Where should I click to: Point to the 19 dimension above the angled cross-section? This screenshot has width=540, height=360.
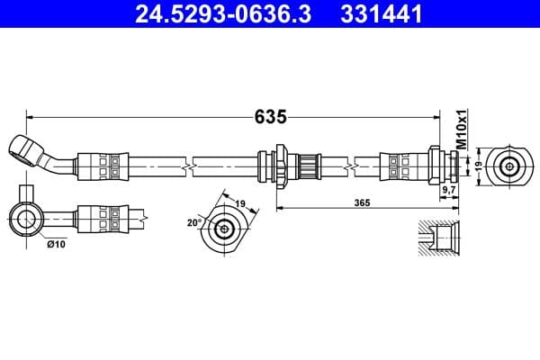coord(240,205)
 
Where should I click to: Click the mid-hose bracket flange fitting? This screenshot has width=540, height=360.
coord(281,166)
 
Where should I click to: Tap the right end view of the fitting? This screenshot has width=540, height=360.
coord(510,166)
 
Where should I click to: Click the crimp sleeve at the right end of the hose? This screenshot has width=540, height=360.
coord(401,166)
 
